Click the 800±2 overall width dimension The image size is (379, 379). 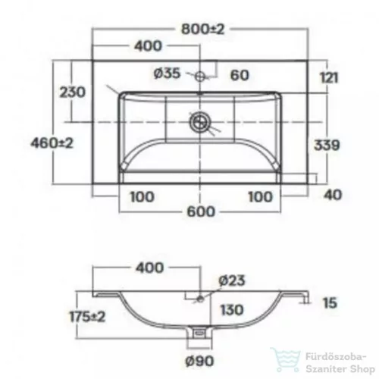coord(203,30)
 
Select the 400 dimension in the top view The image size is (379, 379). coord(148,46)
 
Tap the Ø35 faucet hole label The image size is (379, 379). coord(168,74)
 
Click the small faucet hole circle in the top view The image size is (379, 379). coord(200,76)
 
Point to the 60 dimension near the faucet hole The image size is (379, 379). coord(240,75)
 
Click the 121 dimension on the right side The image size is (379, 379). coord(328,77)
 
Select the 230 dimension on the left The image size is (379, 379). coord(73,92)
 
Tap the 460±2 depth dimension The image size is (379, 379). coord(52,143)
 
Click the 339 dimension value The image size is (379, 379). coord(327,145)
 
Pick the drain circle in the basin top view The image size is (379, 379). coord(199,121)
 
